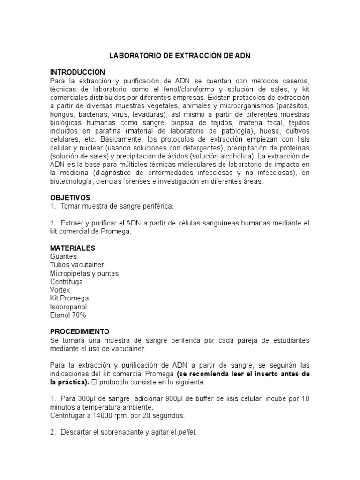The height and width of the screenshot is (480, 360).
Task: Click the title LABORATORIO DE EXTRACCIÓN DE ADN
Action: point(180,55)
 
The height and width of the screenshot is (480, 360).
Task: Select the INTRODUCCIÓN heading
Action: point(76,72)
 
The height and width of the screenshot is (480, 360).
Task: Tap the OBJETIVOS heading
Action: point(70,197)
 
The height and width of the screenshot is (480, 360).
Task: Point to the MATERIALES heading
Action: point(73,247)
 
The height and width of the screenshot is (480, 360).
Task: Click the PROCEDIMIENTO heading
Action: point(80,330)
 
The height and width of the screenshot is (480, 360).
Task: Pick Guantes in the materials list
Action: point(63,256)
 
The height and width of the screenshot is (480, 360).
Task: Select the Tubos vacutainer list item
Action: point(77,265)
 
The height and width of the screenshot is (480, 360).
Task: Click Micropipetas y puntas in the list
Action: point(84,273)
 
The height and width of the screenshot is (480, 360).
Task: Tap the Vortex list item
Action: point(60,290)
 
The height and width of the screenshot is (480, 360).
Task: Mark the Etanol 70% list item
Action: point(68,315)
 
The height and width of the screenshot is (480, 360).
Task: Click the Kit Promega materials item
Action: point(69,298)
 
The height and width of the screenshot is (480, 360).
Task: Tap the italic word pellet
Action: point(187,432)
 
